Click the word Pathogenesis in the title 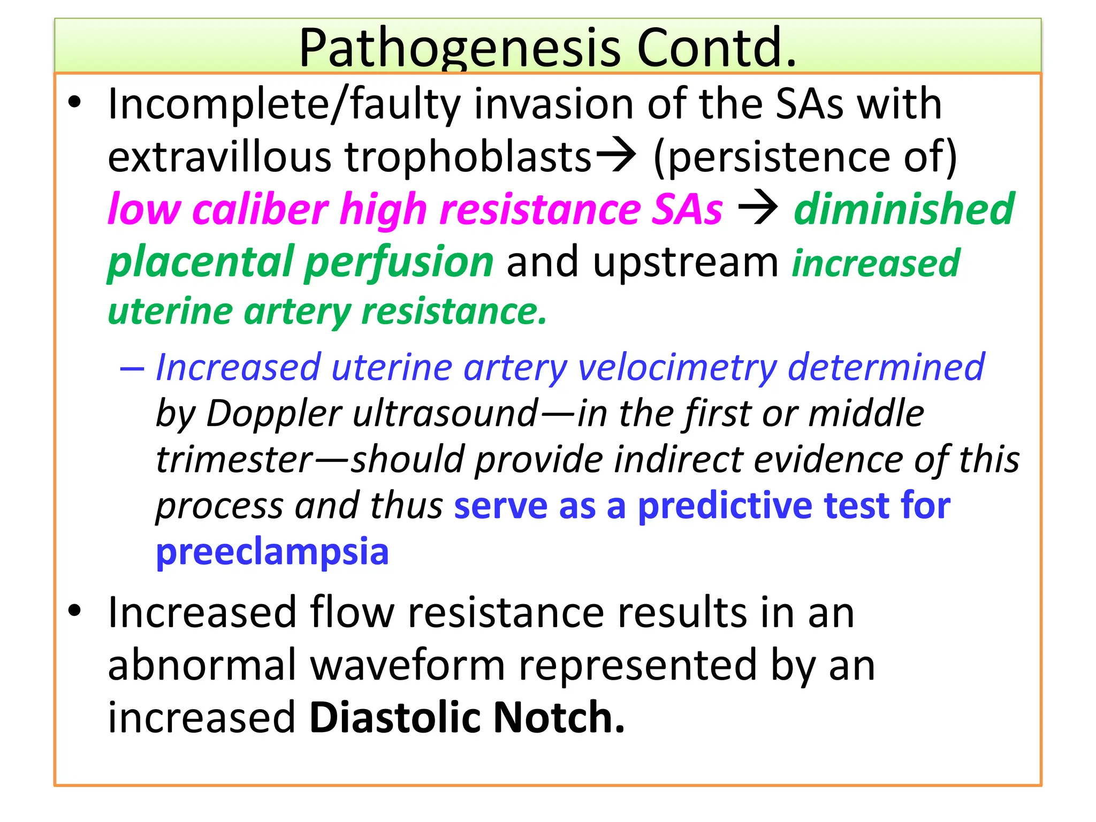pyautogui.click(x=459, y=49)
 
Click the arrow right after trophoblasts pyautogui.click(x=616, y=156)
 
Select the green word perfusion pyautogui.click(x=398, y=262)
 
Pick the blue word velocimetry pyautogui.click(x=677, y=368)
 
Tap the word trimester pyautogui.click(x=234, y=460)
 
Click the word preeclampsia pyautogui.click(x=272, y=552)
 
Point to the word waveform pyautogui.click(x=408, y=666)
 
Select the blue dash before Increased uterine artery pyautogui.click(x=132, y=369)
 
